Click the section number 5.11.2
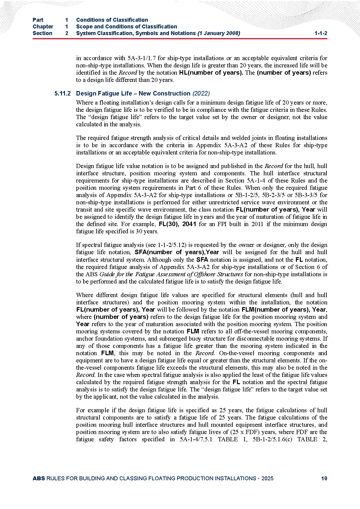[x=63, y=94]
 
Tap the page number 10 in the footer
[x=324, y=478]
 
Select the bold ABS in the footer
[x=39, y=478]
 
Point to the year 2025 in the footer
[x=268, y=478]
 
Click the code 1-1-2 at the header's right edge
[x=321, y=33]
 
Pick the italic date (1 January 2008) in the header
[x=219, y=33]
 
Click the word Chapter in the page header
[x=43, y=27]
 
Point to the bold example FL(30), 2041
[x=177, y=224]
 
